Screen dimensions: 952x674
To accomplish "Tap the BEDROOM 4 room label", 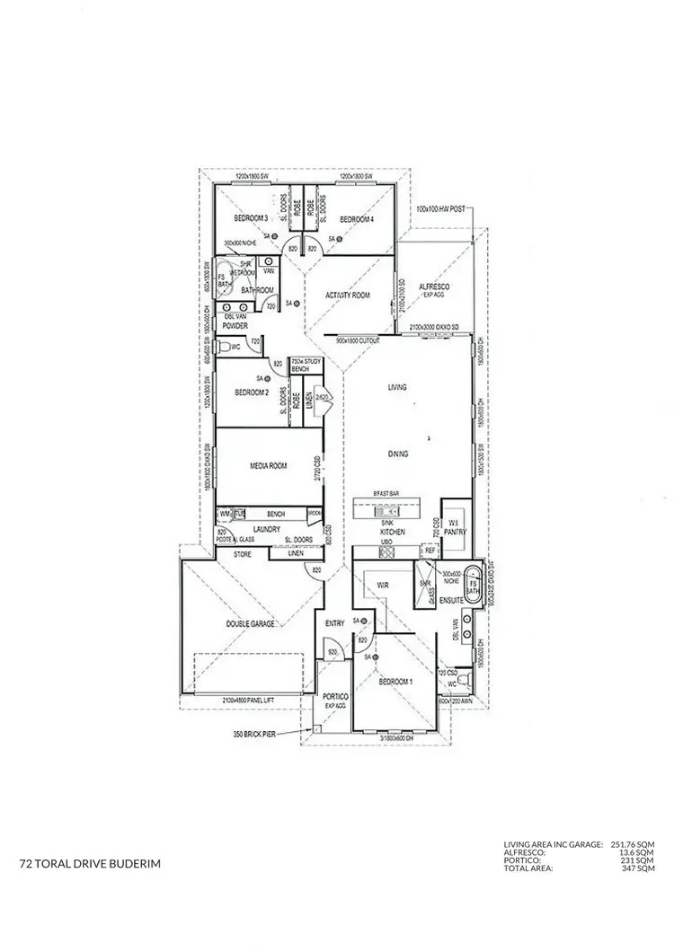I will click(x=356, y=219).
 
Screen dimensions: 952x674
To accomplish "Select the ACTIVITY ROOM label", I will click(x=348, y=295).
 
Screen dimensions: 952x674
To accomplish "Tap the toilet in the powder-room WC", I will click(x=226, y=346).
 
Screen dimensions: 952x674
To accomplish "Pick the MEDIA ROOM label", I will click(x=269, y=466).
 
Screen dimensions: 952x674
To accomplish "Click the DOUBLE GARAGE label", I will click(x=250, y=623).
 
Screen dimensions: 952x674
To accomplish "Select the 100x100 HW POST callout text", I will click(x=439, y=208).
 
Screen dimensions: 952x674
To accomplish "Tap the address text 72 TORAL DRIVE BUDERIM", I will click(x=90, y=864).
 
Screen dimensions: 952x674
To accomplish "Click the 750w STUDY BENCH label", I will click(x=300, y=366).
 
